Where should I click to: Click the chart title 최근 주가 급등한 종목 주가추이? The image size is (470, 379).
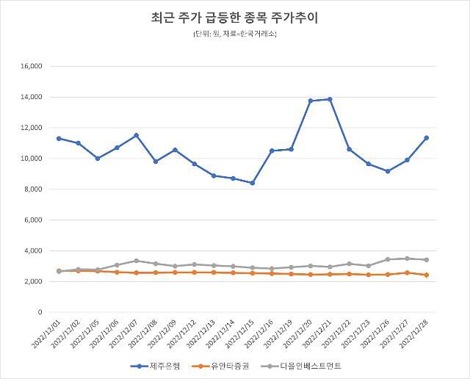tap(235, 17)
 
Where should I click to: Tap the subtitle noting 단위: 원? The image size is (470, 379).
tap(235, 34)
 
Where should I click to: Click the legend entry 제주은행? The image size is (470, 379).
tap(155, 365)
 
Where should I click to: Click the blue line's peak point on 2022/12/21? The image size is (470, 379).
tap(330, 99)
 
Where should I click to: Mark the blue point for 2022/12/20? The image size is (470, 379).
tap(311, 101)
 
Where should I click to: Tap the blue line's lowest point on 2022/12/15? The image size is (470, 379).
tap(252, 183)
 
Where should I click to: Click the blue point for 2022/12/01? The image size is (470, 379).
tap(59, 138)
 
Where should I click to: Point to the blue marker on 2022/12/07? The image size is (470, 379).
tap(136, 135)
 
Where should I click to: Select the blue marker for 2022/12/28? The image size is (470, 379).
tap(427, 137)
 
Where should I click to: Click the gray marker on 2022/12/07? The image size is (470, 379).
tap(136, 261)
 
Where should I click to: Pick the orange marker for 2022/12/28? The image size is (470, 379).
tap(427, 275)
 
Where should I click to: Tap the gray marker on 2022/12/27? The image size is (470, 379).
tap(407, 259)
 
